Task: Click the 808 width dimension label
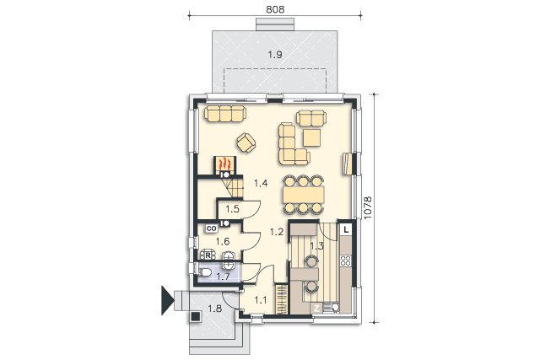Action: click(x=275, y=9)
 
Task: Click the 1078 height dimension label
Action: click(x=368, y=207)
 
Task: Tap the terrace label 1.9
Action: click(x=275, y=54)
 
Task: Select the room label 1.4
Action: click(x=261, y=183)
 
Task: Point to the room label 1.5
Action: click(x=232, y=209)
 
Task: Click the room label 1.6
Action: click(x=223, y=242)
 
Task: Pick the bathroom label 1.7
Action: click(x=223, y=277)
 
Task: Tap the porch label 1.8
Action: click(x=214, y=309)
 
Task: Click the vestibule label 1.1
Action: click(x=261, y=300)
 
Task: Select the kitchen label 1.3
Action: click(x=317, y=246)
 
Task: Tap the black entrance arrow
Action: click(x=167, y=300)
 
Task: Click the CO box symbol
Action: click(x=211, y=228)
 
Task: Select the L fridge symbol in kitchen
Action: click(x=346, y=229)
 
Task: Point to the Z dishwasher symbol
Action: click(x=317, y=308)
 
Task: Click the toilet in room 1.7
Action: click(x=205, y=272)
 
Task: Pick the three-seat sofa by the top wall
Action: click(x=225, y=114)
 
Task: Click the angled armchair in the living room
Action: click(x=246, y=142)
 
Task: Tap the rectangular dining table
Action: click(x=304, y=195)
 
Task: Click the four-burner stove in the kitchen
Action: click(x=345, y=261)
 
